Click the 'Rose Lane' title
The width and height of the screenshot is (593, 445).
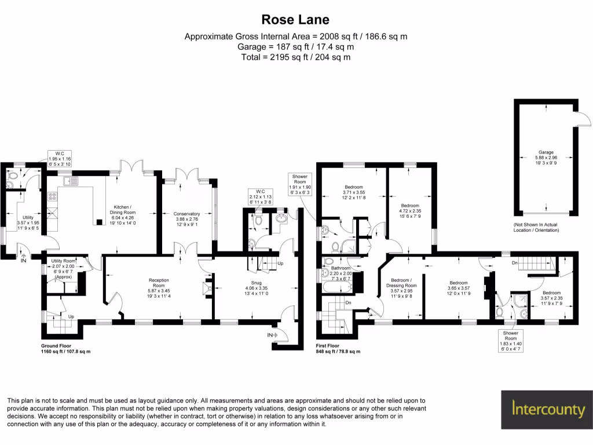296,20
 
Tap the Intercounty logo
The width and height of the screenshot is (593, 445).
548,410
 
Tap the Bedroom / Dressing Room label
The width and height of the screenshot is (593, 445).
401,290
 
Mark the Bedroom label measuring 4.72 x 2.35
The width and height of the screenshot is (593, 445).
411,211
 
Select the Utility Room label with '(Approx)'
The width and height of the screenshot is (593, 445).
63,269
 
